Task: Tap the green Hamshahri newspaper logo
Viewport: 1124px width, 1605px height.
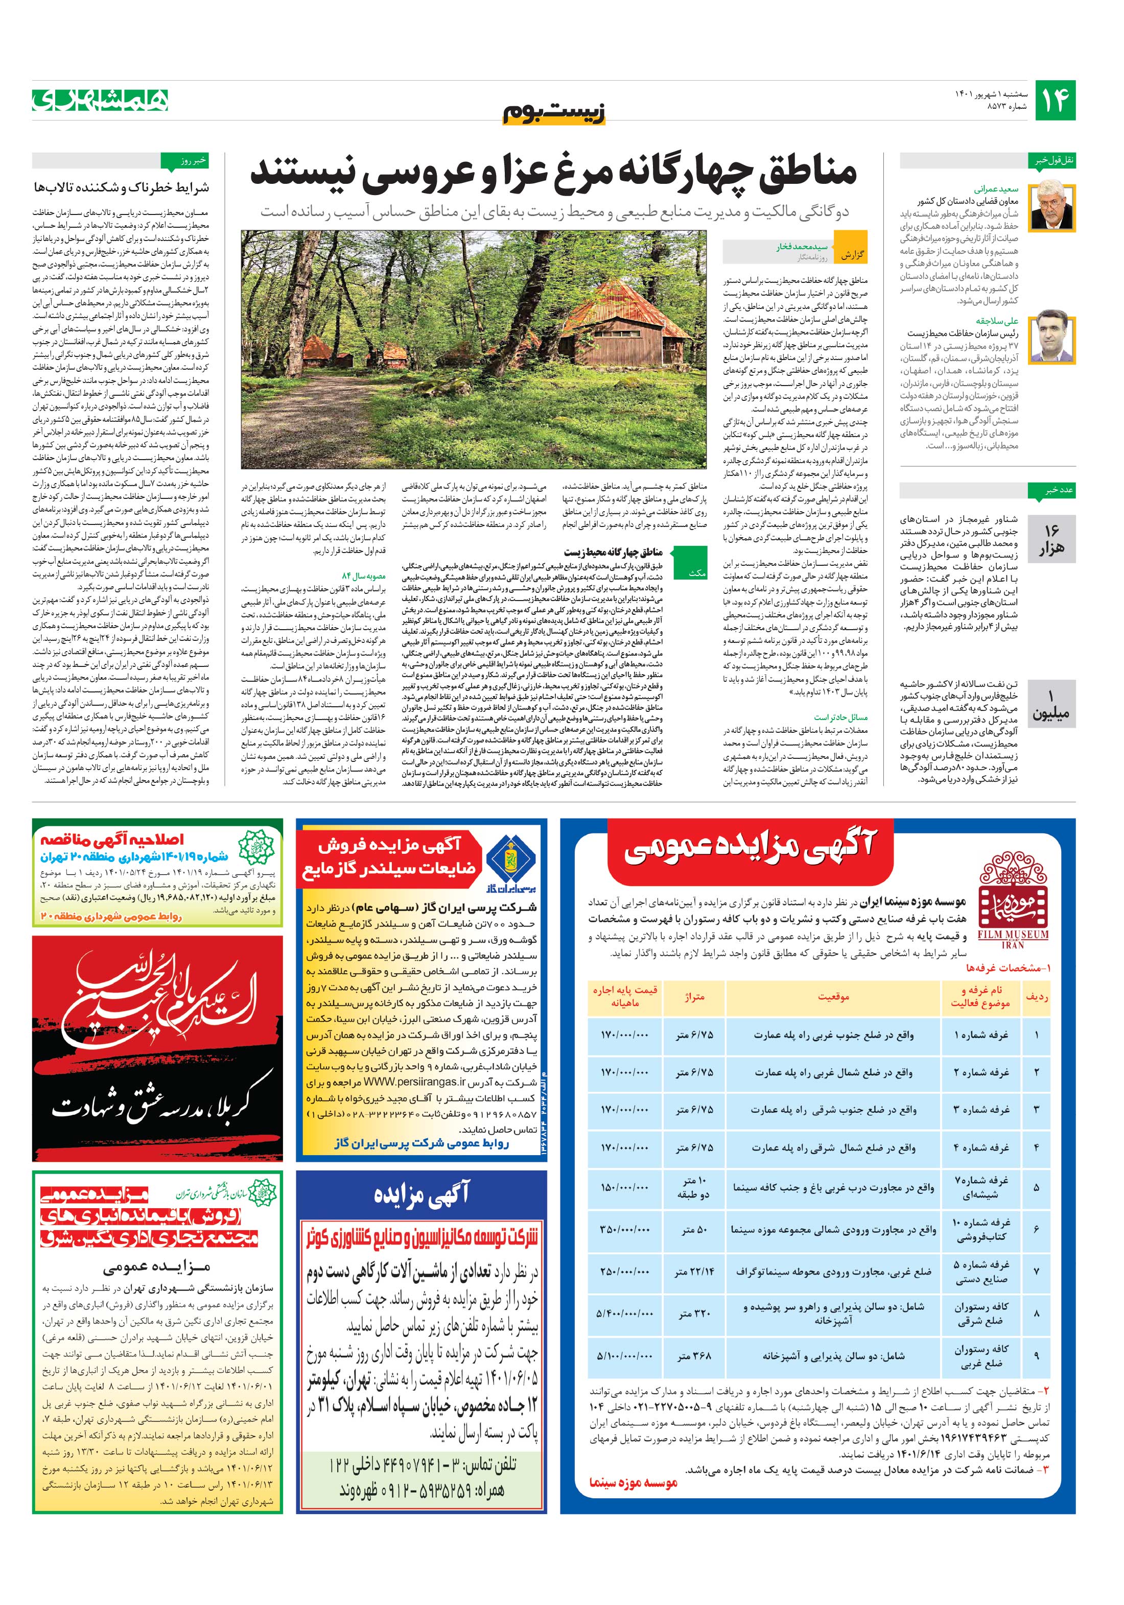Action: coord(100,100)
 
